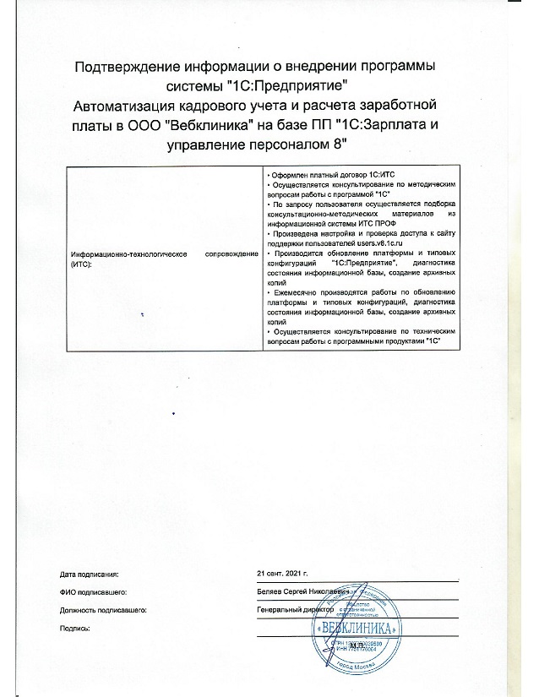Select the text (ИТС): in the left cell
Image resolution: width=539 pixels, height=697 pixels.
(x=83, y=264)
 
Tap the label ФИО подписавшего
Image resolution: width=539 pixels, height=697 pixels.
(x=94, y=591)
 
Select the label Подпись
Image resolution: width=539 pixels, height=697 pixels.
(x=76, y=628)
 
